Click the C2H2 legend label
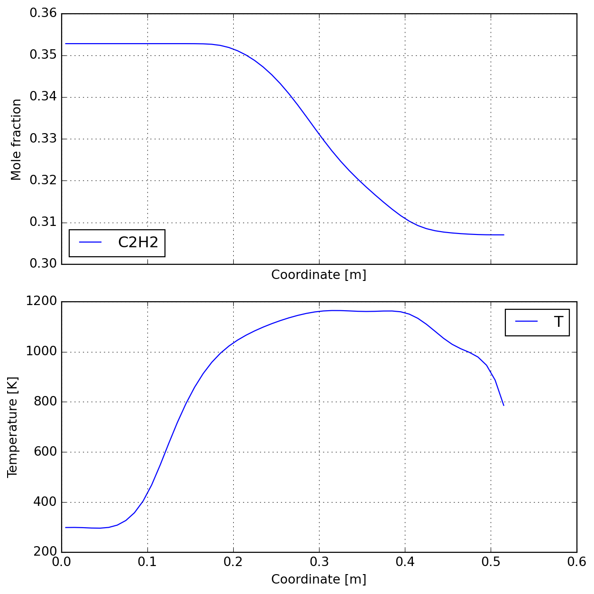point(138,243)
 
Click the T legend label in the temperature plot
point(558,322)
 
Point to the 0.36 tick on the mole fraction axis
point(43,13)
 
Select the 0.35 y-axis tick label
point(43,55)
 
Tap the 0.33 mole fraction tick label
point(43,139)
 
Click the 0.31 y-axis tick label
point(43,222)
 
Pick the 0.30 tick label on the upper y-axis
point(43,264)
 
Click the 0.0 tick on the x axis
point(62,562)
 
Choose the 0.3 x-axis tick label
point(319,562)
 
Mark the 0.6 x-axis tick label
point(576,562)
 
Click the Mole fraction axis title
point(16,139)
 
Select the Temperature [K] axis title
point(12,427)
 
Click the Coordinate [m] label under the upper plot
point(319,275)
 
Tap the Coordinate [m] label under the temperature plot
point(319,579)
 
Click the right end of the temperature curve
point(503,405)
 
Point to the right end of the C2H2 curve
point(503,235)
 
